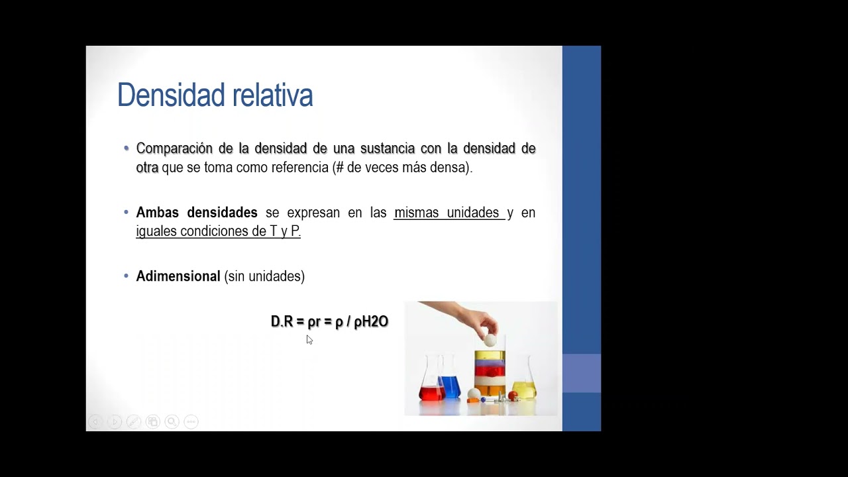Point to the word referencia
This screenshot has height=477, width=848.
pos(297,168)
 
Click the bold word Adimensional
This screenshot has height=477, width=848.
pos(178,276)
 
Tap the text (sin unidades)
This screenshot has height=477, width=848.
pos(264,276)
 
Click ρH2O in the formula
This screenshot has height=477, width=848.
pos(371,322)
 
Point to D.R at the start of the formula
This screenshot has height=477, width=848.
pos(282,322)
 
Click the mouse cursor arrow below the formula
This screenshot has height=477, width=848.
pos(309,339)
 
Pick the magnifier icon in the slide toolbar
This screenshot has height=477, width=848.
pos(172,421)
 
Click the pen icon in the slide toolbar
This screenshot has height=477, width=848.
pos(133,421)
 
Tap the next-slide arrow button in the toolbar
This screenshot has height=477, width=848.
pos(114,421)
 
